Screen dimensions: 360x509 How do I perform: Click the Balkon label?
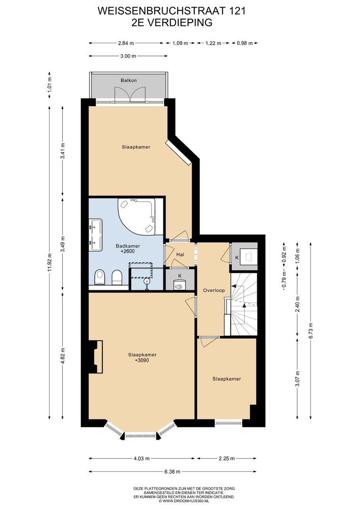[x=129, y=80]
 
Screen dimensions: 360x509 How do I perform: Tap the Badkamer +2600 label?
[x=128, y=249]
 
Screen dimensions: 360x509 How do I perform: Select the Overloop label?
[x=213, y=290]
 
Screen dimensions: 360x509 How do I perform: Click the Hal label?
[x=180, y=254]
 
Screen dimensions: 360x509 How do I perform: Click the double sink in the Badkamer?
[x=96, y=234]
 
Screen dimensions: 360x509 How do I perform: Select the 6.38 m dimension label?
[x=172, y=471]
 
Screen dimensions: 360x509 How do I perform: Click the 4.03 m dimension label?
[x=141, y=459]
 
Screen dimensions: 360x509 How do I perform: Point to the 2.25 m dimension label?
[x=226, y=459]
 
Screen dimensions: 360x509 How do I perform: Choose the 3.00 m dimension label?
[x=128, y=56]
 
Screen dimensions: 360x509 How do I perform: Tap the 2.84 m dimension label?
[x=126, y=43]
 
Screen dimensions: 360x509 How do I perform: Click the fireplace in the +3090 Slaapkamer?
[x=96, y=357]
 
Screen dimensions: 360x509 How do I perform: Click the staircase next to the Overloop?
[x=244, y=304]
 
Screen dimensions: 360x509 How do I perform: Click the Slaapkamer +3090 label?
[x=142, y=357]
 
